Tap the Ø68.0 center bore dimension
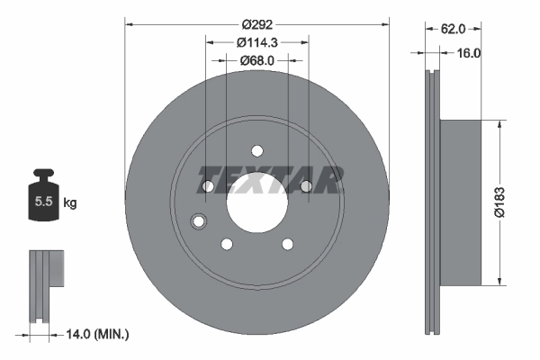pos(256,60)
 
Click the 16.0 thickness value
pos(469,53)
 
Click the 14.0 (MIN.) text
pos(100,335)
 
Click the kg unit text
pos(70,203)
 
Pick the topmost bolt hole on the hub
pos(256,149)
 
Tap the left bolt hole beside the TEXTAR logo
pos(208,185)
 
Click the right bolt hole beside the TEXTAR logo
pos(305,185)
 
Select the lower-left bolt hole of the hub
pos(226,243)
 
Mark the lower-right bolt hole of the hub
pos(287,243)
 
